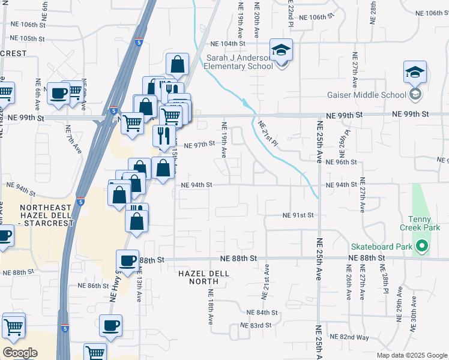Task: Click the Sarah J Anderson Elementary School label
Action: point(240,62)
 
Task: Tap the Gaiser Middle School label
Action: point(375,95)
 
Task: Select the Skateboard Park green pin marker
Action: point(422,246)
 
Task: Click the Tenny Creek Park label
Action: point(424,223)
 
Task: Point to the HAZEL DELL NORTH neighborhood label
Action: point(204,274)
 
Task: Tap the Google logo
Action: point(20,353)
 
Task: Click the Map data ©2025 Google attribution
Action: point(412,355)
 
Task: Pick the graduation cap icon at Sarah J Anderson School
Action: point(280,50)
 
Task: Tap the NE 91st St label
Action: point(299,215)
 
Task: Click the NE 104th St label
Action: point(228,44)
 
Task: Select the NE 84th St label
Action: point(262,313)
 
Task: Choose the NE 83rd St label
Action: point(256,325)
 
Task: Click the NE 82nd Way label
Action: point(349,337)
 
